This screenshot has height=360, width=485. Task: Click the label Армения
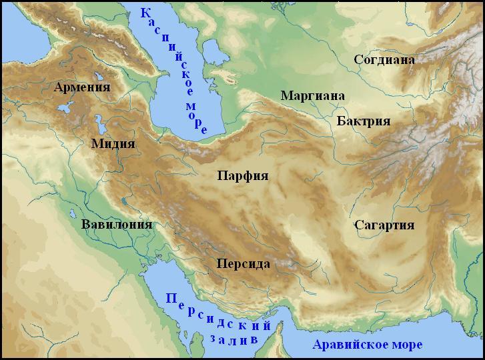(82, 87)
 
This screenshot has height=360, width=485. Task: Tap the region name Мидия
(113, 144)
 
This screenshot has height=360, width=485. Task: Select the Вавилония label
(117, 224)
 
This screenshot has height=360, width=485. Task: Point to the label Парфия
(242, 176)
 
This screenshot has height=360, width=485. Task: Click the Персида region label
(243, 264)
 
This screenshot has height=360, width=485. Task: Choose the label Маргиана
(312, 95)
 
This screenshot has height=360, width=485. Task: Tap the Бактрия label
(364, 121)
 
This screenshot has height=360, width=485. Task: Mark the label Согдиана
(384, 60)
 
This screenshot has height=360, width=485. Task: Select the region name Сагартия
(385, 224)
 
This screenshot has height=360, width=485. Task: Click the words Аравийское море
(368, 345)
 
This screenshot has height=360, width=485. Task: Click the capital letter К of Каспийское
(145, 13)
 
